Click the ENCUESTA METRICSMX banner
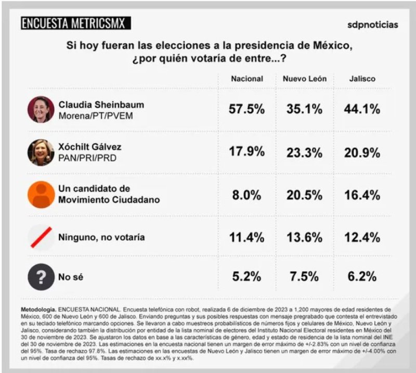76,23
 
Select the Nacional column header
247,79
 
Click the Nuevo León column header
305,79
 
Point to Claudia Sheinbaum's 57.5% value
247,110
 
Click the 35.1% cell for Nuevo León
305,110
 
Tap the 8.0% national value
247,194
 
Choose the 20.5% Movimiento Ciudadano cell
305,194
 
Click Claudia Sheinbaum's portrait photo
41,110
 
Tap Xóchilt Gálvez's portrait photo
41,152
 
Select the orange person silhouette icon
41,194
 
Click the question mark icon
41,277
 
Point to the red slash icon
41,237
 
